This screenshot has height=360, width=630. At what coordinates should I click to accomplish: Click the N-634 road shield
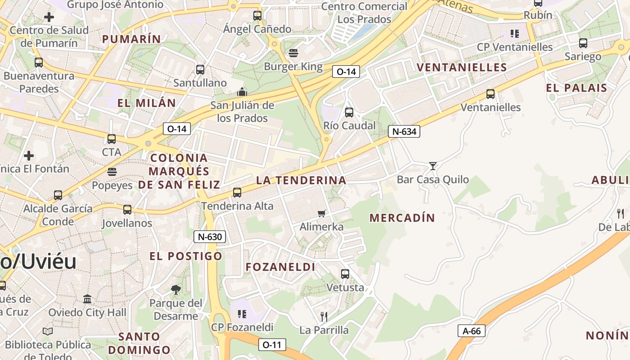[404, 131]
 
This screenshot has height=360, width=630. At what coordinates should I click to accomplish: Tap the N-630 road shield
[209, 237]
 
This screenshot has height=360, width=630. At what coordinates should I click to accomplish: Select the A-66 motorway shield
[472, 331]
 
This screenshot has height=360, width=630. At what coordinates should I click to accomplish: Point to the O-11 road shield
[272, 345]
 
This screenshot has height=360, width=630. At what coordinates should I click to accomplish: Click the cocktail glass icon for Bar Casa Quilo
[433, 166]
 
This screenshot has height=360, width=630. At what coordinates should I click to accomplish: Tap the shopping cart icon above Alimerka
[322, 213]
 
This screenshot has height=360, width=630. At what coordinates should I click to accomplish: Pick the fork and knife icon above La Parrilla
[324, 316]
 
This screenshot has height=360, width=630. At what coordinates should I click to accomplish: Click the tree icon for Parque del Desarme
[176, 290]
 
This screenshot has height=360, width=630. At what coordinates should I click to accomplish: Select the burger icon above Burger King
[293, 53]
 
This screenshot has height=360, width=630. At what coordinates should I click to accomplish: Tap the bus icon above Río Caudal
[349, 112]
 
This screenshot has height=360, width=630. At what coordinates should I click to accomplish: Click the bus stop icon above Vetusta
[345, 274]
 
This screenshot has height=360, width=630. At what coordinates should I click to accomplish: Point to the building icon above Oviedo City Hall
[87, 299]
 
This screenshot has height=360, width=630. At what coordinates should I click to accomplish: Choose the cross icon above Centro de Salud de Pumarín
[49, 17]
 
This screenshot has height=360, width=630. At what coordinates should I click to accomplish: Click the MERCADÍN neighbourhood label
[402, 218]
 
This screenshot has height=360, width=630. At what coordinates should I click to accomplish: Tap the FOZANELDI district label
[280, 267]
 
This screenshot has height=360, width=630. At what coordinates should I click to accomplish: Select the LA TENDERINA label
[301, 180]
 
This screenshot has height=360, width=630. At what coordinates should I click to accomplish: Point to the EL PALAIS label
[576, 88]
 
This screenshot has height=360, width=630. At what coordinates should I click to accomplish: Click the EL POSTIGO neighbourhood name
[186, 256]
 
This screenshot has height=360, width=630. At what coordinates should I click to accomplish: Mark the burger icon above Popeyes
[112, 171]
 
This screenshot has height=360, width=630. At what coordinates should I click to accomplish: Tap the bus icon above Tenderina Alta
[237, 193]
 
